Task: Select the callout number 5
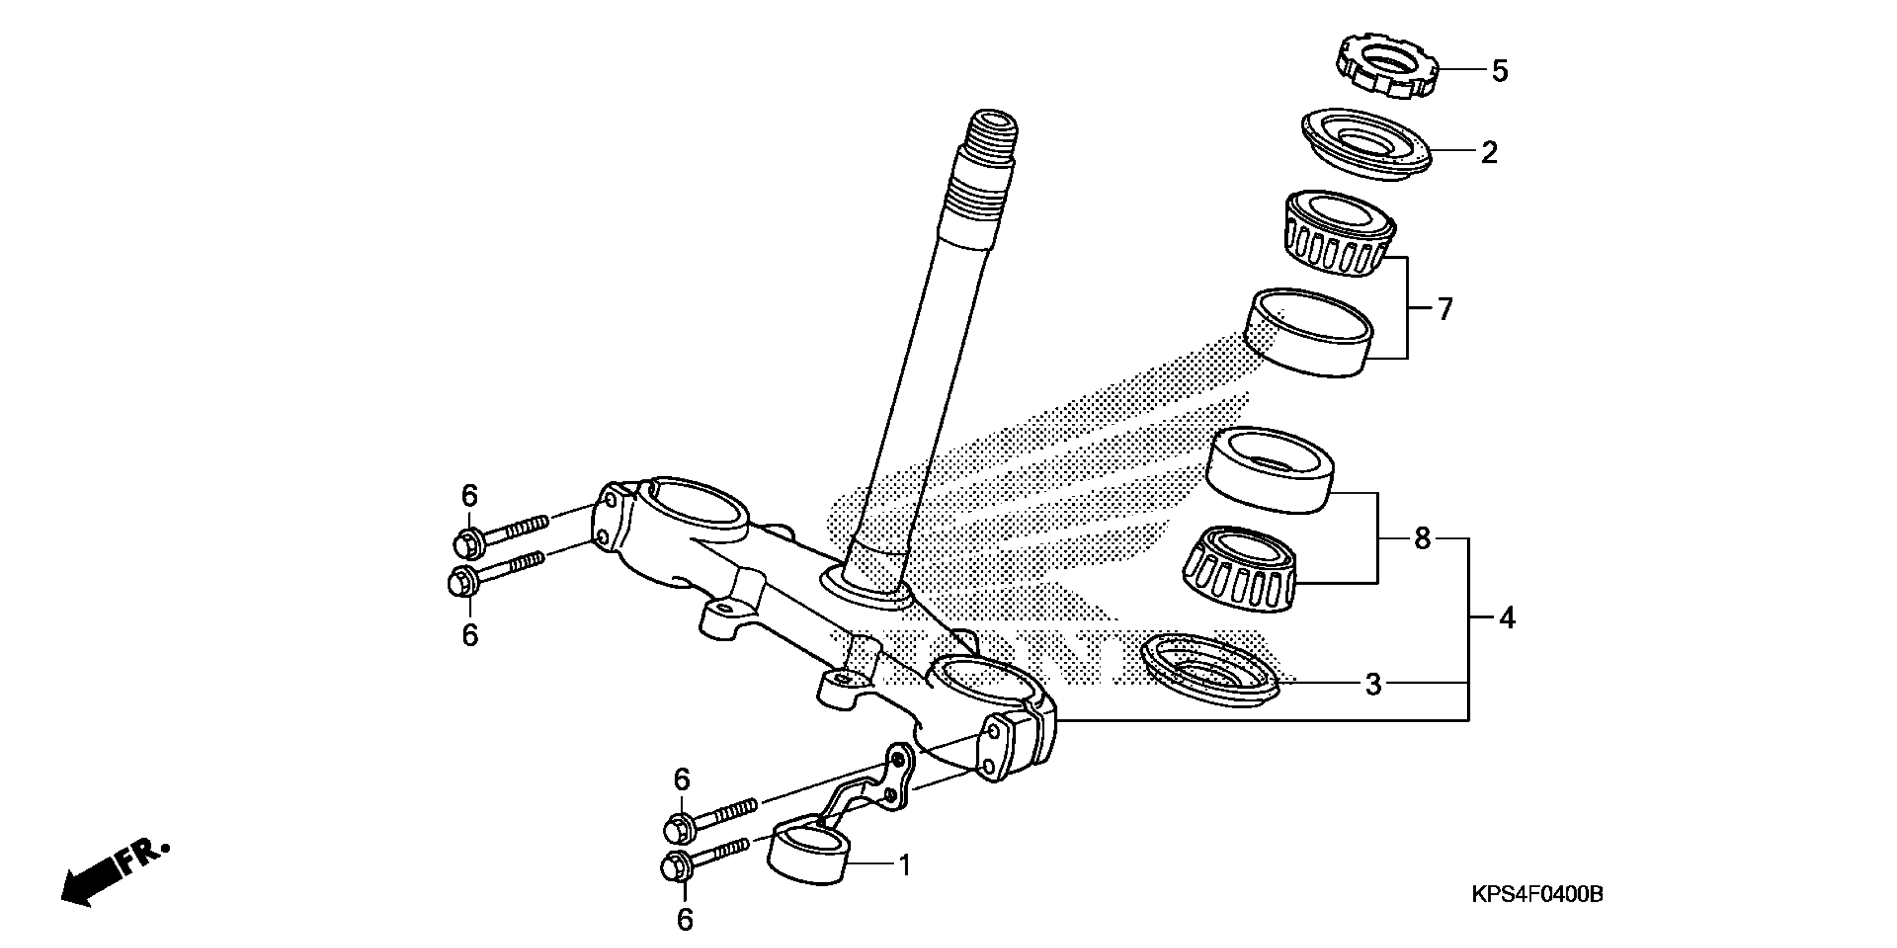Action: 1500,71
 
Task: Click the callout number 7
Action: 1445,309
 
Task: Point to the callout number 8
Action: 1422,539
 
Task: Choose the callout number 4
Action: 1507,618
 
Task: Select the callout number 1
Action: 905,865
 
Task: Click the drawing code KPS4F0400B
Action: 1537,895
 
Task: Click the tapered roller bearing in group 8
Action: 1240,569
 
